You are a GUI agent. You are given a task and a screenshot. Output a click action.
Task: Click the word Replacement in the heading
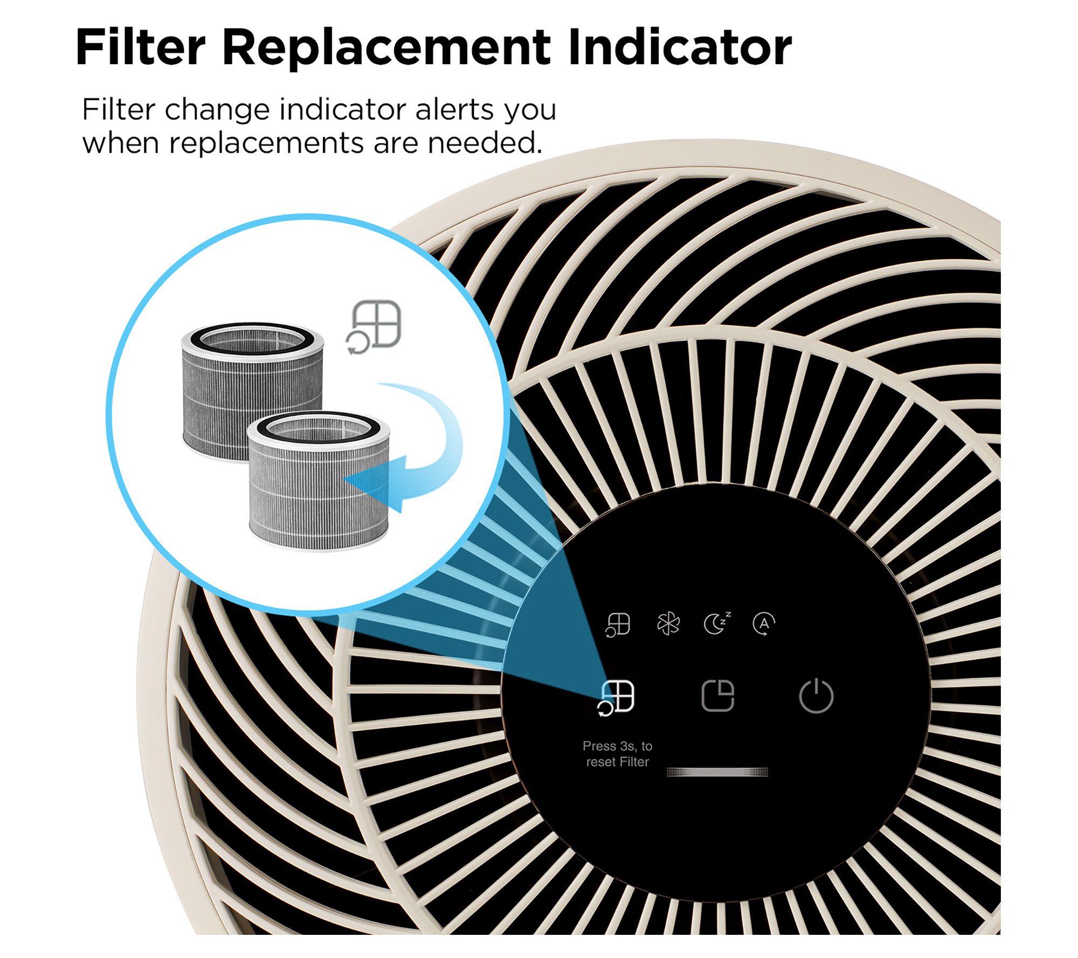click(x=386, y=48)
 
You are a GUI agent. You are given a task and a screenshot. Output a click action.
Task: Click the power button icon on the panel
click(x=816, y=696)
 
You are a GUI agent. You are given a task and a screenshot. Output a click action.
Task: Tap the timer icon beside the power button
click(x=718, y=696)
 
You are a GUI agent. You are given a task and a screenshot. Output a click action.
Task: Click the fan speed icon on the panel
click(x=668, y=624)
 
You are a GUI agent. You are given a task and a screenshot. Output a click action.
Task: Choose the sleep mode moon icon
click(x=717, y=623)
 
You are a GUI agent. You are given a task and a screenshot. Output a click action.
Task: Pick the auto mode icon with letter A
click(x=764, y=624)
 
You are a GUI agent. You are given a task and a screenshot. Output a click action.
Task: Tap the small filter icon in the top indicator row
click(x=618, y=625)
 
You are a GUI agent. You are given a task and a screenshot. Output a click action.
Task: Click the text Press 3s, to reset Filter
click(x=618, y=754)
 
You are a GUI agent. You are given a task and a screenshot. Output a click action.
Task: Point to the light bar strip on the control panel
click(x=717, y=772)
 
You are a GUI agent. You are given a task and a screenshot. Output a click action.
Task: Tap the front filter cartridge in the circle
click(x=319, y=481)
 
